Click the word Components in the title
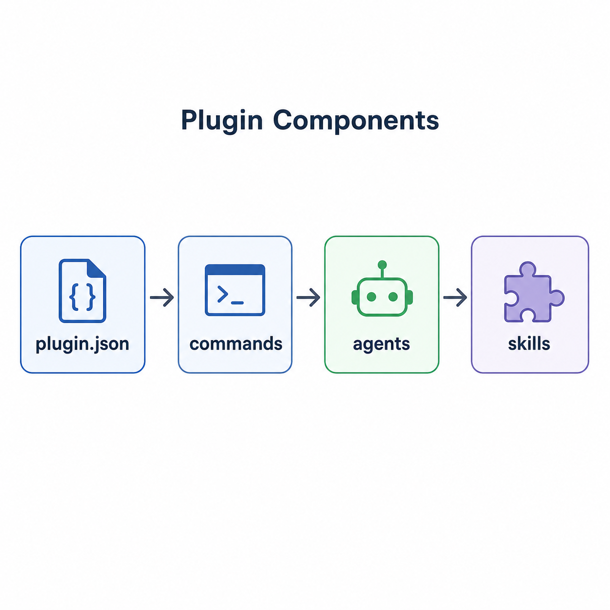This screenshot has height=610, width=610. (356, 120)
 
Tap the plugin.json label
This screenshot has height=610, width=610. (82, 344)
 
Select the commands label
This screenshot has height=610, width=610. (235, 344)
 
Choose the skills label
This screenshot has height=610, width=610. (529, 343)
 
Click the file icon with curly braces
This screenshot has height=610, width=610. (82, 290)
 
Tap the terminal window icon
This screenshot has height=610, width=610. (235, 290)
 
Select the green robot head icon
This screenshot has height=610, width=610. (382, 288)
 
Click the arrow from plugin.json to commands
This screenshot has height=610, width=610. (162, 297)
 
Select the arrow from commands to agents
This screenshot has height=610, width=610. (308, 297)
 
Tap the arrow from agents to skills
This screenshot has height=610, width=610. (455, 297)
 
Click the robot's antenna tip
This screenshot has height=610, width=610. (382, 264)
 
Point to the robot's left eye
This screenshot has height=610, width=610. (371, 297)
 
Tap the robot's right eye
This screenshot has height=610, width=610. (393, 297)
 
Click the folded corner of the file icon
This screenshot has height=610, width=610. (96, 269)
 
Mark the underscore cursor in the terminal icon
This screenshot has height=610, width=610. (237, 303)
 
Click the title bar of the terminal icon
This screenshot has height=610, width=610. (235, 269)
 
